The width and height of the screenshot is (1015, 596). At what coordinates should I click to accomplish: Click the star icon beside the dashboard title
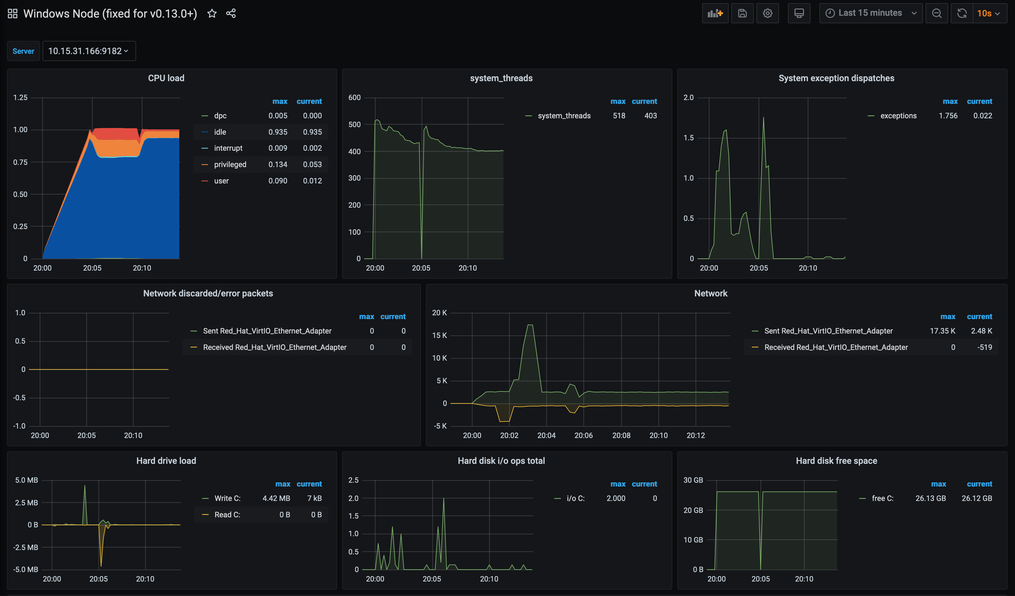point(212,13)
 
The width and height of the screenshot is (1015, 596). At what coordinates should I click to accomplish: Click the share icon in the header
point(231,13)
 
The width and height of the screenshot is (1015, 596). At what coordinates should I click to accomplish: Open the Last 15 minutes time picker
point(870,13)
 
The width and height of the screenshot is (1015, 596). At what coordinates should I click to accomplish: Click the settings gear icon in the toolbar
point(767,13)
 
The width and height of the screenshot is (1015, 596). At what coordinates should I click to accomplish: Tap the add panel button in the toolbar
point(715,13)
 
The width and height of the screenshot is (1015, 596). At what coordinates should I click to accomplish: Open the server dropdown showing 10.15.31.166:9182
point(89,51)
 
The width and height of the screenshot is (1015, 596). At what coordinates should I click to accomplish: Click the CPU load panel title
point(166,78)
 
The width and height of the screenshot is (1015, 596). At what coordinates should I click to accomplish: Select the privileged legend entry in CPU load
point(230,165)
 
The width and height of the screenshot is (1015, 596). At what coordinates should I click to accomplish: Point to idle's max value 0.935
point(278,132)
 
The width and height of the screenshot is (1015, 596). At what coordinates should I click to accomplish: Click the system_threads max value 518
point(619,116)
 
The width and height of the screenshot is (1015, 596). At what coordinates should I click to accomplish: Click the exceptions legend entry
point(898,116)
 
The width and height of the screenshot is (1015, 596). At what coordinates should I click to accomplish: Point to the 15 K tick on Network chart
point(439,335)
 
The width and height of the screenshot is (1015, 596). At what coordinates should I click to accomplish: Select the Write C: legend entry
point(227,498)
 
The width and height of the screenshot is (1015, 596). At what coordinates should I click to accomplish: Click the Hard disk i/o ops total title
point(501,461)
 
